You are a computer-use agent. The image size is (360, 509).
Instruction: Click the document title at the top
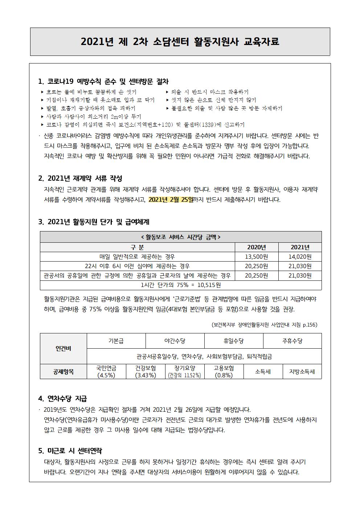point(180,42)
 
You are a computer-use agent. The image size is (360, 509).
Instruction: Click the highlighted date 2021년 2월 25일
point(171,200)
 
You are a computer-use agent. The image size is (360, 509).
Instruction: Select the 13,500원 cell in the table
point(256,257)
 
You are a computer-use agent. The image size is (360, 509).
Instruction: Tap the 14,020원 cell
point(300,257)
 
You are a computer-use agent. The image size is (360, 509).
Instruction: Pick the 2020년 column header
point(256,247)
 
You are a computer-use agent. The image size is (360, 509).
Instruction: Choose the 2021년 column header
point(300,247)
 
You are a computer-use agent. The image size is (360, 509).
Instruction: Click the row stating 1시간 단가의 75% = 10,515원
point(181,285)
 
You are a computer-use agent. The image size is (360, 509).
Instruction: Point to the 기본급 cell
point(116,341)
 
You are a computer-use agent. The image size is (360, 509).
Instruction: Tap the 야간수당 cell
point(175,341)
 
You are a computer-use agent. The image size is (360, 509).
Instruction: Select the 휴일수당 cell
point(234,341)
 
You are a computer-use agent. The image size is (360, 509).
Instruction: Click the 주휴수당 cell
point(292,341)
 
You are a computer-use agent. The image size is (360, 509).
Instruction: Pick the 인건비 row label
point(63,349)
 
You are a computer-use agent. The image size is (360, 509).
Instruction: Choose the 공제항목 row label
point(63,372)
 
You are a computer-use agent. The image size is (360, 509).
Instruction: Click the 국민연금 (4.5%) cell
point(106,372)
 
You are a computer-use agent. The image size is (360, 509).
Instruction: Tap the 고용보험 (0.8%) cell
point(224,372)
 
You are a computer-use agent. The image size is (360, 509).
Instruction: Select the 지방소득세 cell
point(302,372)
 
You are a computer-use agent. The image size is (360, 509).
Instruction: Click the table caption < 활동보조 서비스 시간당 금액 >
point(181,237)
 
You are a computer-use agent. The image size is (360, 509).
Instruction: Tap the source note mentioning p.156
point(264,325)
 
